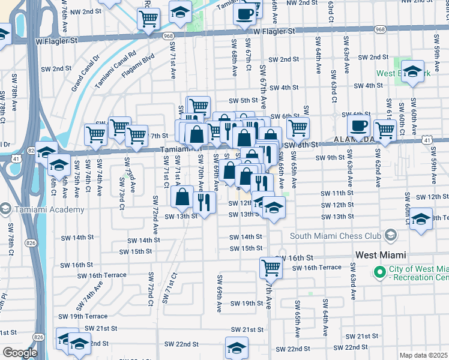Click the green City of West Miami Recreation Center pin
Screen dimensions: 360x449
(379, 272)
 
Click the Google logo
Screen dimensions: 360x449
(19, 353)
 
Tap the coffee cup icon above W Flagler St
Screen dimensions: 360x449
(244, 14)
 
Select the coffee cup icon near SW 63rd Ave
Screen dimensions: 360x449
(358, 127)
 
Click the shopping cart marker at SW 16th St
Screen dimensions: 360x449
(271, 267)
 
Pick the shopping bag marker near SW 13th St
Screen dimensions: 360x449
(182, 196)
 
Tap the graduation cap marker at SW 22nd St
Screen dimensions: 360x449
(237, 347)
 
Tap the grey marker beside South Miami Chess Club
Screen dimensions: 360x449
(391, 235)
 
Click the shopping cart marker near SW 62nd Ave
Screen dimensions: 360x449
(384, 130)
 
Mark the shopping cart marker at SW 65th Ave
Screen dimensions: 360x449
(297, 127)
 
